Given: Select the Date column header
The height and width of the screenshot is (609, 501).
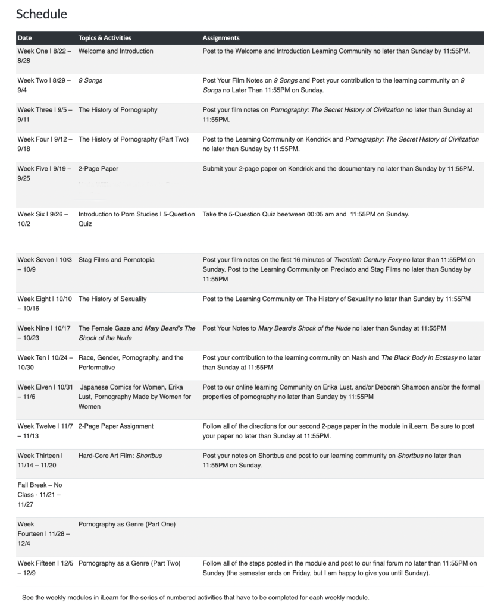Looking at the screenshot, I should coord(25,38).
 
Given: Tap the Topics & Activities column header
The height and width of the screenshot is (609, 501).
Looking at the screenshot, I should coord(105,38).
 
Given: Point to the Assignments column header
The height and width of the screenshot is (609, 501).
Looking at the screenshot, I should coord(221,38).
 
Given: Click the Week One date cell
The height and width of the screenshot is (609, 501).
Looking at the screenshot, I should coord(43,56).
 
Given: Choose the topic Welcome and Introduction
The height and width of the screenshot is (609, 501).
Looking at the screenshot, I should coord(115,51).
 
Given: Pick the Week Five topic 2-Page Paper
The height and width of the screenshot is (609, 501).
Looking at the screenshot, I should coord(98,168).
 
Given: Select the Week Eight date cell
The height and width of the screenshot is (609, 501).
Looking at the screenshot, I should coord(43,303).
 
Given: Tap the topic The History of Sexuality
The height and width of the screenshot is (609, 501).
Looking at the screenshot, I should coord(112,299).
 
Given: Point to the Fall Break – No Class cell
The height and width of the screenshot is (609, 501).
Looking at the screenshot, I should coord(40,494).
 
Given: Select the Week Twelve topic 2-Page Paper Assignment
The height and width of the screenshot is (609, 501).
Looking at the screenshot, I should coord(115,426).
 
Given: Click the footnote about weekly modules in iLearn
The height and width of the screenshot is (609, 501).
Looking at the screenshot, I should coord(195,598).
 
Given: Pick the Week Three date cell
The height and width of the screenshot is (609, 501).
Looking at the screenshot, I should coord(43,114).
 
